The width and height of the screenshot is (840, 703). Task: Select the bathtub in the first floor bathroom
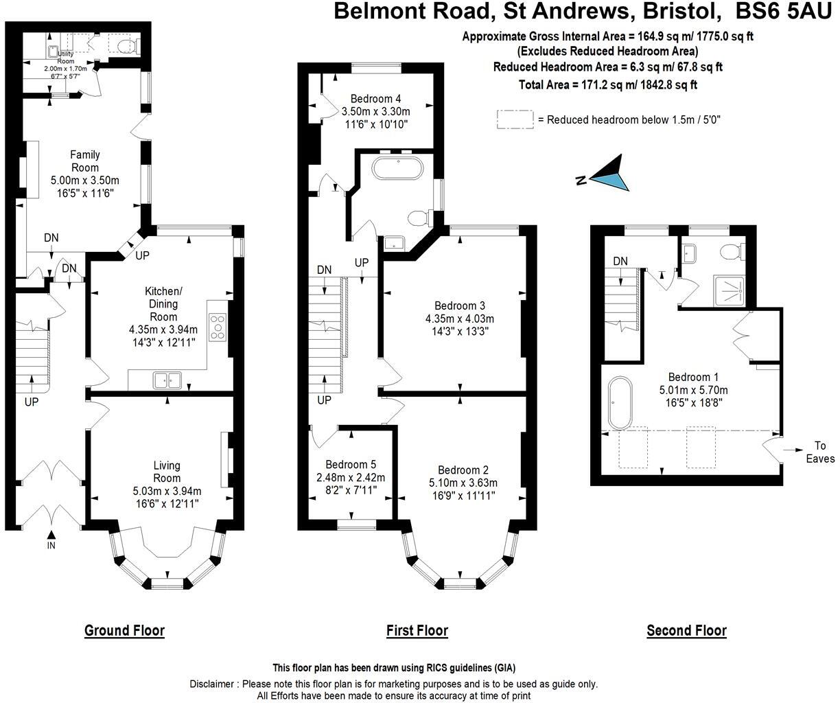[397, 168]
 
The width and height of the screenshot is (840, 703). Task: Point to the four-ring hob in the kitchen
[218, 327]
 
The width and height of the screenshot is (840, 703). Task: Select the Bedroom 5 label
[351, 464]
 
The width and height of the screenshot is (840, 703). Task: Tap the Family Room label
[84, 161]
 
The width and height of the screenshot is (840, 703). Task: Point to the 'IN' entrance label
[51, 546]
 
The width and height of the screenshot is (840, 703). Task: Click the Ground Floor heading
[124, 630]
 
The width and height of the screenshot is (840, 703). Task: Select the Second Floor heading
[686, 630]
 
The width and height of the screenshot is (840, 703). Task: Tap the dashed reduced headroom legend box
[515, 119]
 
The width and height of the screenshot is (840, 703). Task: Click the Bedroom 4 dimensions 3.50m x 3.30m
[375, 111]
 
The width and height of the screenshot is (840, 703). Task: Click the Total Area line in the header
[607, 84]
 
